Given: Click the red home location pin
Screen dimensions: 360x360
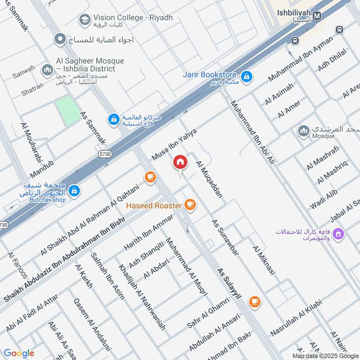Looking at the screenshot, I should point(180,162).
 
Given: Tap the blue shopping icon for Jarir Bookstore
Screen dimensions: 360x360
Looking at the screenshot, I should point(246,77).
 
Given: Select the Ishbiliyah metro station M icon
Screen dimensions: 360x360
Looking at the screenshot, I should point(317,16).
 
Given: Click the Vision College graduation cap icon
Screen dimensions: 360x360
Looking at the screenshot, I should point(84,20).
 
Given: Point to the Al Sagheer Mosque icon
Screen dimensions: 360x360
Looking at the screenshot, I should point(47,70).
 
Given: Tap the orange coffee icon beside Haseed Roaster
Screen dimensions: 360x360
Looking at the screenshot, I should point(190,205).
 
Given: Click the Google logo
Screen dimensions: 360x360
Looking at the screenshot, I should point(19,353).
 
